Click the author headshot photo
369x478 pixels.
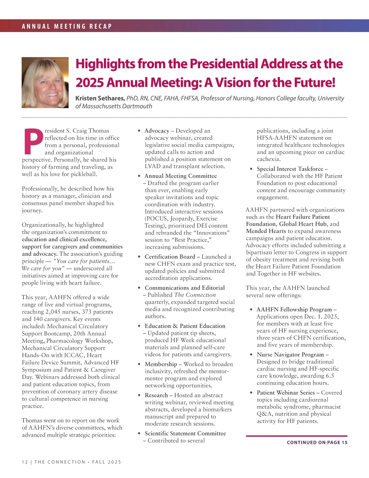pyautogui.click(x=45, y=82)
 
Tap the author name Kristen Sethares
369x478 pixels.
pyautogui.click(x=100, y=98)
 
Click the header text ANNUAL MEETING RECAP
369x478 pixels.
pyautogui.click(x=67, y=26)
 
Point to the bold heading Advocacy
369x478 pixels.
pyautogui.click(x=157, y=131)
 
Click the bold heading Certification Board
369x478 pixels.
pyautogui.click(x=170, y=257)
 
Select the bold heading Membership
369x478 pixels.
pyautogui.click(x=161, y=364)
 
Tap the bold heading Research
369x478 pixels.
pyautogui.click(x=156, y=395)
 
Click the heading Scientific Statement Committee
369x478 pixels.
pyautogui.click(x=185, y=433)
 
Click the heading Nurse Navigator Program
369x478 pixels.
pyautogui.click(x=290, y=355)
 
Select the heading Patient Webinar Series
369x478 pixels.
pyautogui.click(x=286, y=393)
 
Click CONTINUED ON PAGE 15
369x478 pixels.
pyautogui.click(x=317, y=442)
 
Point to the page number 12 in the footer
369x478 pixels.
pyautogui.click(x=25, y=462)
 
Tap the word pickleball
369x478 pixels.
pyautogui.click(x=84, y=174)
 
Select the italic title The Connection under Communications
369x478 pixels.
pyautogui.click(x=195, y=295)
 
